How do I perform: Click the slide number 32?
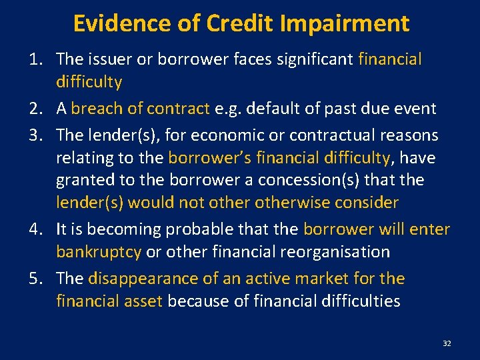click(447, 343)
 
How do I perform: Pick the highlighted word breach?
click(99, 109)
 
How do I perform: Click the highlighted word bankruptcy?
click(99, 252)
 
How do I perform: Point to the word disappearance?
click(143, 279)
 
